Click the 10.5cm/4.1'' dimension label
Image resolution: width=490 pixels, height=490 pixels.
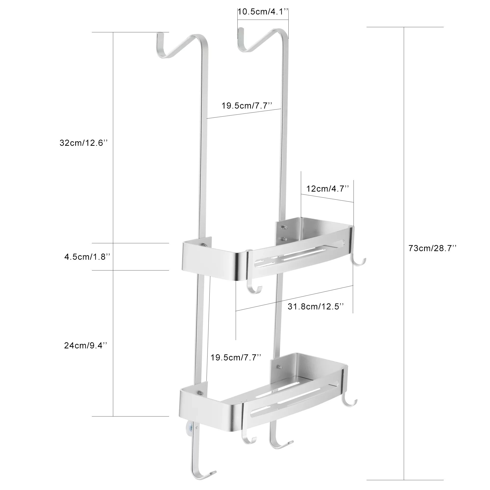[263, 12]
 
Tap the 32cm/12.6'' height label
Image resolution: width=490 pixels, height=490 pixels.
[84, 143]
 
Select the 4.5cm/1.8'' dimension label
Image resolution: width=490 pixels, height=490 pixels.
[87, 257]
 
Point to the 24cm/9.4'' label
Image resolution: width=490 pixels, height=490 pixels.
[86, 345]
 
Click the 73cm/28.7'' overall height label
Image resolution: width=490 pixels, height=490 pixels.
[432, 248]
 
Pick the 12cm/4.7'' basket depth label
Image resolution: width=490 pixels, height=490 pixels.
[327, 189]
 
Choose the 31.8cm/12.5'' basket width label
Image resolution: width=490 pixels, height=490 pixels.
[316, 307]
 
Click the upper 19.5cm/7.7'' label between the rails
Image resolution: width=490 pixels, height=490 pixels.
[247, 106]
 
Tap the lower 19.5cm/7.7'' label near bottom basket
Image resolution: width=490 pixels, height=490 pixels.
[236, 358]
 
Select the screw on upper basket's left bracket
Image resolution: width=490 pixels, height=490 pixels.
[204, 245]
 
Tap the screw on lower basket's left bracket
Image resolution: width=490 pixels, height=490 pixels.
[200, 400]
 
